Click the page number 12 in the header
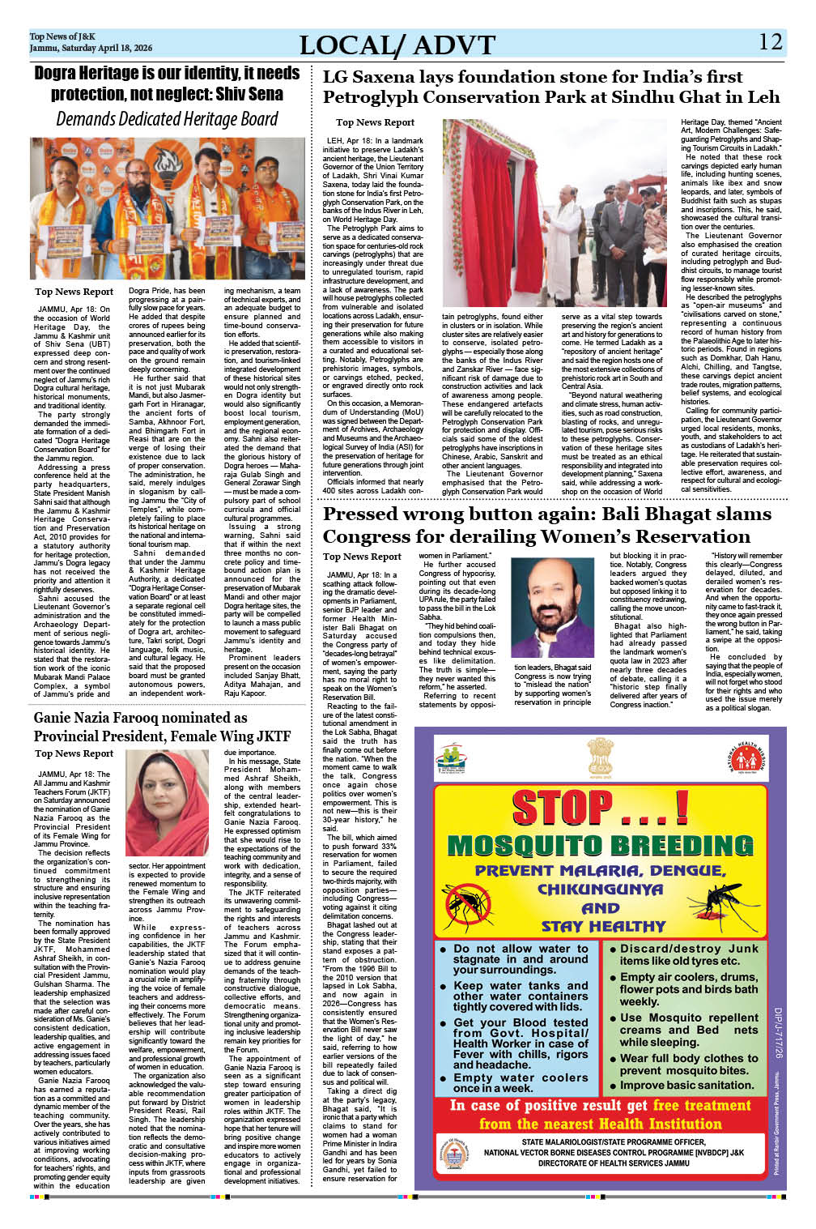click(771, 42)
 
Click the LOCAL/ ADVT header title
click(397, 45)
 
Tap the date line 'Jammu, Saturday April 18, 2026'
click(91, 49)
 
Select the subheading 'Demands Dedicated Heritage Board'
click(167, 119)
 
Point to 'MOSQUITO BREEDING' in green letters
click(600, 846)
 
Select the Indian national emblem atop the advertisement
click(600, 757)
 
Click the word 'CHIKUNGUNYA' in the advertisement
click(600, 889)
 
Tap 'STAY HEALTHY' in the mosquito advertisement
click(603, 926)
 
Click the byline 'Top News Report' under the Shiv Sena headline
click(74, 292)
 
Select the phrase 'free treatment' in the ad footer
click(702, 1105)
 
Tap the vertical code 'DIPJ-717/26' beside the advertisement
click(777, 1032)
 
